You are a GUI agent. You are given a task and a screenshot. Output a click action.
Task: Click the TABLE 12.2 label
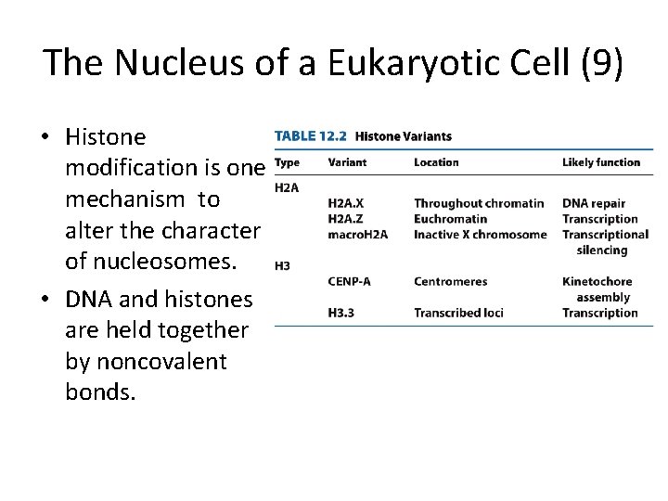click(310, 136)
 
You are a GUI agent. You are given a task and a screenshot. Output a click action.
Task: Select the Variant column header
click(347, 162)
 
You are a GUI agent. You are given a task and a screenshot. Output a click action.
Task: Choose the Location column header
click(436, 162)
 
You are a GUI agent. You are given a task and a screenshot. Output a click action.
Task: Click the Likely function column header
click(601, 162)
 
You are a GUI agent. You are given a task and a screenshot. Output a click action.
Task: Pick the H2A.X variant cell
click(348, 203)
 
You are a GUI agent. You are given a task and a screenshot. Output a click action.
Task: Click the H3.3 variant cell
click(341, 313)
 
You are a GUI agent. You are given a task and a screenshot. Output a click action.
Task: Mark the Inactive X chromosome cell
click(480, 235)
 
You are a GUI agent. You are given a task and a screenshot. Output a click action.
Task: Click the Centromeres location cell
click(450, 281)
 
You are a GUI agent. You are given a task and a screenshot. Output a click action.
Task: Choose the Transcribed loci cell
click(458, 313)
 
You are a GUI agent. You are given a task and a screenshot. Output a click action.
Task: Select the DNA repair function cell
click(594, 203)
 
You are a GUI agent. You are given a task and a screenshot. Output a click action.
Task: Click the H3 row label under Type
click(283, 265)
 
